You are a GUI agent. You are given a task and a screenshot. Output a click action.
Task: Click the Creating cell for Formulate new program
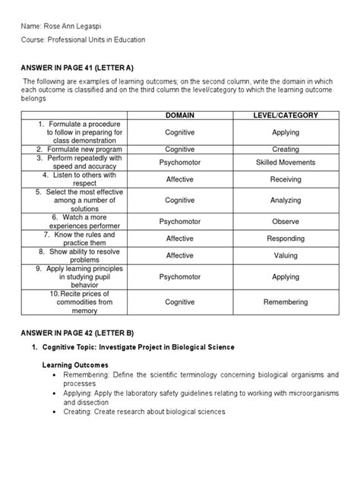[x=286, y=150]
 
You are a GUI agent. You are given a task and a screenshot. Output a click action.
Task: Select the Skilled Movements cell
[x=286, y=163]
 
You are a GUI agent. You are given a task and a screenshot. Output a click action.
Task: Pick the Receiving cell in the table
[x=286, y=179]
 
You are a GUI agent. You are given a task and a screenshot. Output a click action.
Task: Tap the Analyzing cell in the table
[x=286, y=201]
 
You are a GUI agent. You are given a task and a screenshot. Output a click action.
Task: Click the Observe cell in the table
[x=286, y=222]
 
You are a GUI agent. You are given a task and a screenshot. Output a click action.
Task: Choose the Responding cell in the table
[x=286, y=238]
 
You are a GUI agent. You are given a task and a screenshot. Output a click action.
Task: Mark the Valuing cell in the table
[x=286, y=255]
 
